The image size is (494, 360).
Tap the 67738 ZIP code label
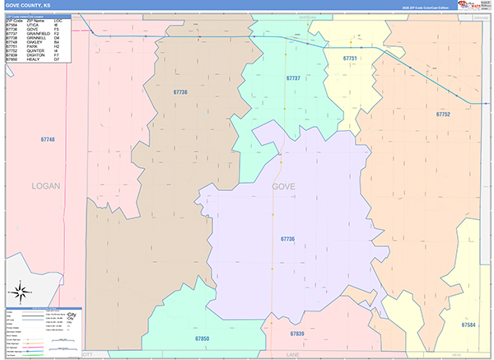click(181, 92)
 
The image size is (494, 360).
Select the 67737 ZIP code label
click(293, 77)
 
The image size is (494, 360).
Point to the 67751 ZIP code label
click(350, 58)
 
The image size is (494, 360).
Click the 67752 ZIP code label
click(443, 114)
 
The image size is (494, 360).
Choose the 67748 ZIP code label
click(48, 140)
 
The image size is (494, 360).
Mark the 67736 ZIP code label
click(287, 239)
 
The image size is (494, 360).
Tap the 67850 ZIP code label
click(203, 339)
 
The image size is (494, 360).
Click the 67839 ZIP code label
click(297, 334)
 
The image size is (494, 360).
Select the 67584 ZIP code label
click(468, 325)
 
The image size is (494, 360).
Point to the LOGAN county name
click(46, 186)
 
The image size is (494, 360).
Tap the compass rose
click(21, 291)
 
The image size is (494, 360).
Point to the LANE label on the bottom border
click(292, 354)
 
